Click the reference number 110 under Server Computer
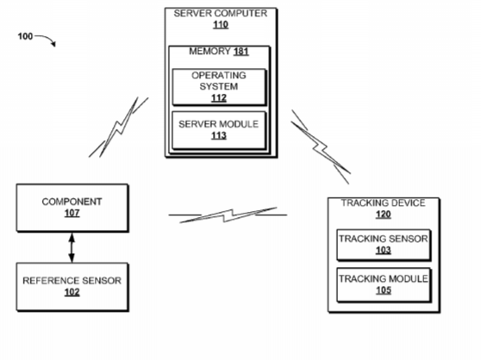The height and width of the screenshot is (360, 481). [x=221, y=24]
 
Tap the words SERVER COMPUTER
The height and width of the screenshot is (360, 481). [x=221, y=13]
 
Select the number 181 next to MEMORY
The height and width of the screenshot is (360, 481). [x=240, y=51]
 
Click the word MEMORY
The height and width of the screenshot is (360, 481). [x=209, y=51]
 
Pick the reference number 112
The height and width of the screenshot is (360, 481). [x=219, y=98]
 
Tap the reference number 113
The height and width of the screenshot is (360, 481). [x=219, y=135]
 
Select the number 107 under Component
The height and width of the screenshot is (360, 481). [x=72, y=213]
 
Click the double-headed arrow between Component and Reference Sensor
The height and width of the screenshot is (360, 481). [x=72, y=248]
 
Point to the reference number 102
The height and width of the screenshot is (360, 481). [x=72, y=292]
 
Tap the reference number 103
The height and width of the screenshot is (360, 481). [x=384, y=251]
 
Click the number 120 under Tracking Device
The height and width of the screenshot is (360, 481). [x=384, y=214]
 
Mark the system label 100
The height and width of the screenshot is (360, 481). [x=25, y=36]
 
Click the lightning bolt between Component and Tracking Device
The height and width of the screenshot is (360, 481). [x=228, y=215]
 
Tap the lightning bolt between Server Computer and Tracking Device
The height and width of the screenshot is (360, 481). [x=321, y=147]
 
